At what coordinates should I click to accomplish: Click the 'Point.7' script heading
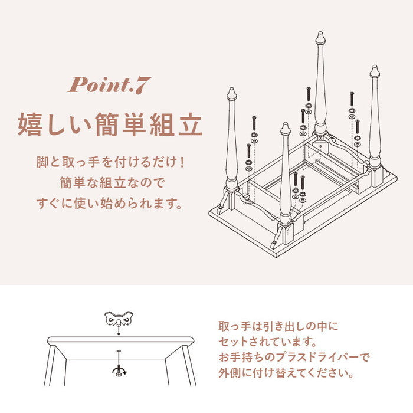click(110, 85)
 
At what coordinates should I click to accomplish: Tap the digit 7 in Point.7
click(144, 86)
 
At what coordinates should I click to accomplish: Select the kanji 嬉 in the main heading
click(29, 124)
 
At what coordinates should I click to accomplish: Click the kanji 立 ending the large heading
click(190, 124)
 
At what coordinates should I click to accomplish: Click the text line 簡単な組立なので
click(112, 182)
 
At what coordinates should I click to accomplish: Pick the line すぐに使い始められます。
click(110, 204)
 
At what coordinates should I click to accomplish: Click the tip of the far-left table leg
click(231, 88)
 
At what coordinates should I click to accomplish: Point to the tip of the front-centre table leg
click(285, 123)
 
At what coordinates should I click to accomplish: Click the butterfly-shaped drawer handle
click(119, 318)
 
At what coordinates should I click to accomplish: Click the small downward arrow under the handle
click(119, 330)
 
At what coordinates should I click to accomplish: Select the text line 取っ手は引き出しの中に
click(278, 326)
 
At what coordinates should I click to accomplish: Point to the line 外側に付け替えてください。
click(286, 373)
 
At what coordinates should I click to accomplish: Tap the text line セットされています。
click(267, 342)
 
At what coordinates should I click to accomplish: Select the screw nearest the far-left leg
click(248, 151)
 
